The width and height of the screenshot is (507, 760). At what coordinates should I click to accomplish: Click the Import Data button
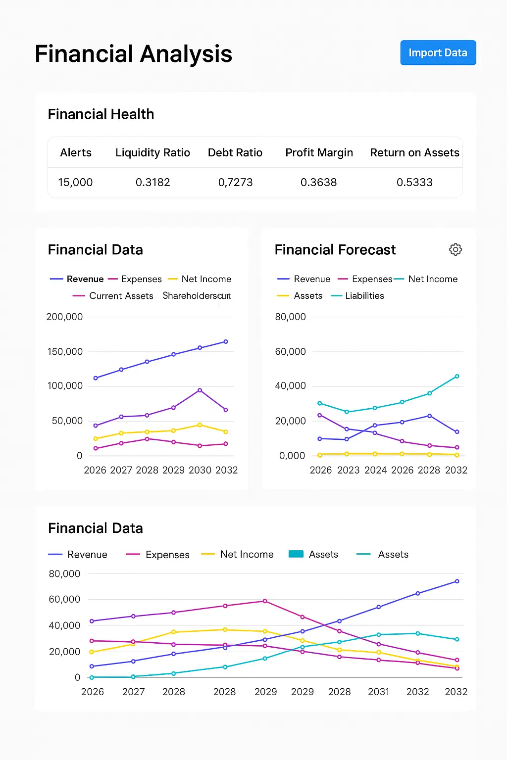[438, 53]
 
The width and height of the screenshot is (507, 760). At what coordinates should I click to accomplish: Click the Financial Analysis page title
[133, 54]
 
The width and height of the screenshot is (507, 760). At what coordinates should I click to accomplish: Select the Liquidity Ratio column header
[152, 153]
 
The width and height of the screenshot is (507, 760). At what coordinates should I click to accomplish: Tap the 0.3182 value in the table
[152, 183]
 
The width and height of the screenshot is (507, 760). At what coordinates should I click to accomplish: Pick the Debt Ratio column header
[235, 153]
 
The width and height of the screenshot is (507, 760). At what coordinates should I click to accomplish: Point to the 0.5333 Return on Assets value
[414, 183]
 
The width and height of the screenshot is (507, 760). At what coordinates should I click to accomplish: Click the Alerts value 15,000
[75, 183]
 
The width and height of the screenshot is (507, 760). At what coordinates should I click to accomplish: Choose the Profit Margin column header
[319, 153]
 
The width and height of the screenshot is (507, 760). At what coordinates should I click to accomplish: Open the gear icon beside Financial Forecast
[456, 249]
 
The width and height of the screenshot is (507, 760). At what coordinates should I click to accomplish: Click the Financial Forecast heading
[335, 250]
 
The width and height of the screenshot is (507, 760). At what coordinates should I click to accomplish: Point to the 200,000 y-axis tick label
[64, 317]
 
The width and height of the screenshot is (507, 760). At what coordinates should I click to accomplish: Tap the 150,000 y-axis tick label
[65, 352]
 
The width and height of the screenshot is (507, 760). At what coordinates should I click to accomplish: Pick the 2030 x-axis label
[200, 470]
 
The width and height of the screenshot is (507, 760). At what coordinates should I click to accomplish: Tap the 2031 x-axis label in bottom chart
[378, 692]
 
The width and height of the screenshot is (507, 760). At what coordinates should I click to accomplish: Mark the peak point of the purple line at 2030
[200, 390]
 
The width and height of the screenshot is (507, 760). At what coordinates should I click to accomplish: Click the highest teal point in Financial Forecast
[457, 377]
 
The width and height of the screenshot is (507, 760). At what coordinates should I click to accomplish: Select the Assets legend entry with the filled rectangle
[313, 555]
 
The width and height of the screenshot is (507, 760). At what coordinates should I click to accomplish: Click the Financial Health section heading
[101, 114]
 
